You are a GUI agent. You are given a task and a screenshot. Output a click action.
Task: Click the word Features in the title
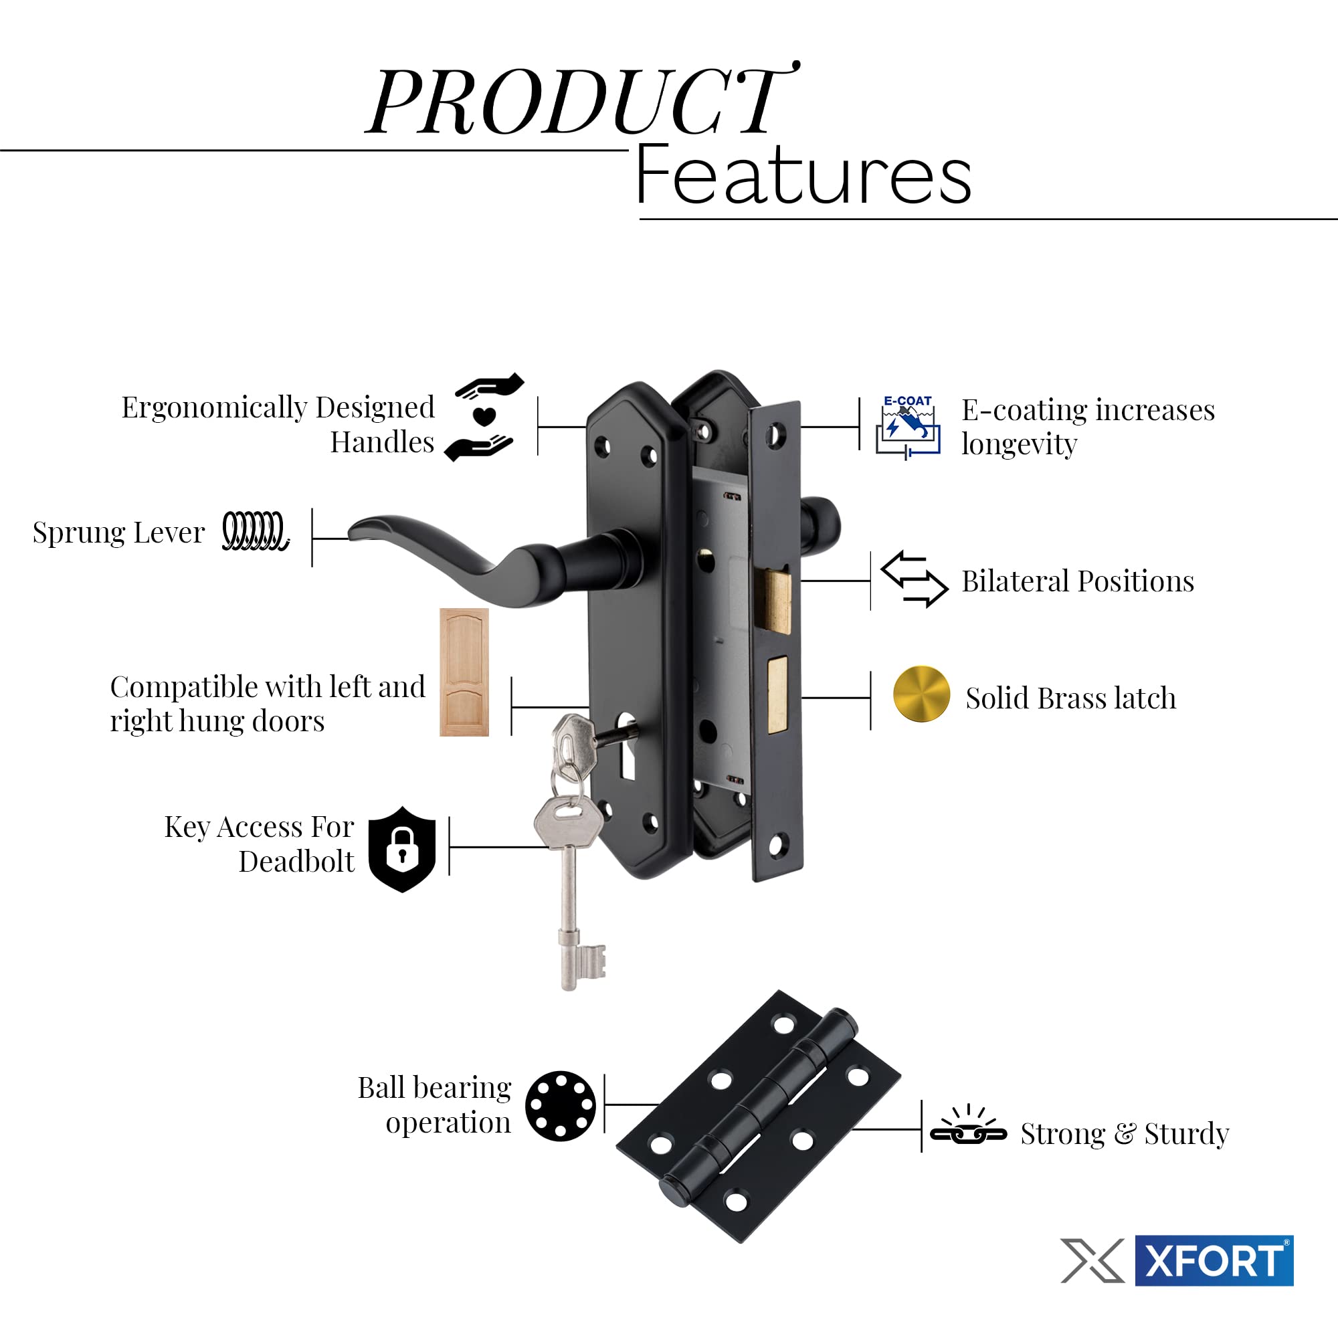(x=803, y=176)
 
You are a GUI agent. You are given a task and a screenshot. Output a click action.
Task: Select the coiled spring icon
(x=255, y=531)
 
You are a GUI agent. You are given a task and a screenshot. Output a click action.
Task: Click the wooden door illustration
(x=464, y=672)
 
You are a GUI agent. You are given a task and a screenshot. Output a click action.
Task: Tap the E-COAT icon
(x=908, y=427)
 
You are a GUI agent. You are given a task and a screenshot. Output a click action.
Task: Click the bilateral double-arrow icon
(x=913, y=579)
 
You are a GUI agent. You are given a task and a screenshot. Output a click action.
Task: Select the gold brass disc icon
(x=921, y=694)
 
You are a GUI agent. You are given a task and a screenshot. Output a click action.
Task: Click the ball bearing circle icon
(x=560, y=1106)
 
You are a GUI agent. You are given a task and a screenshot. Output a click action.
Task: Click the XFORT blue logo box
(x=1214, y=1260)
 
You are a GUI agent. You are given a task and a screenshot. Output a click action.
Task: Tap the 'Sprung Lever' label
(x=118, y=533)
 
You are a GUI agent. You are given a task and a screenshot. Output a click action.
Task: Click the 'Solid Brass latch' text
(x=1070, y=698)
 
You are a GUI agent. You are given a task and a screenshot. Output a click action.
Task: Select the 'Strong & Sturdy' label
(x=1125, y=1134)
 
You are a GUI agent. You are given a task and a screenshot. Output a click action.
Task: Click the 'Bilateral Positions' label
(x=1078, y=581)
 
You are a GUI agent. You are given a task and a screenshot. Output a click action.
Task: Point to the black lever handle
(x=485, y=561)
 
